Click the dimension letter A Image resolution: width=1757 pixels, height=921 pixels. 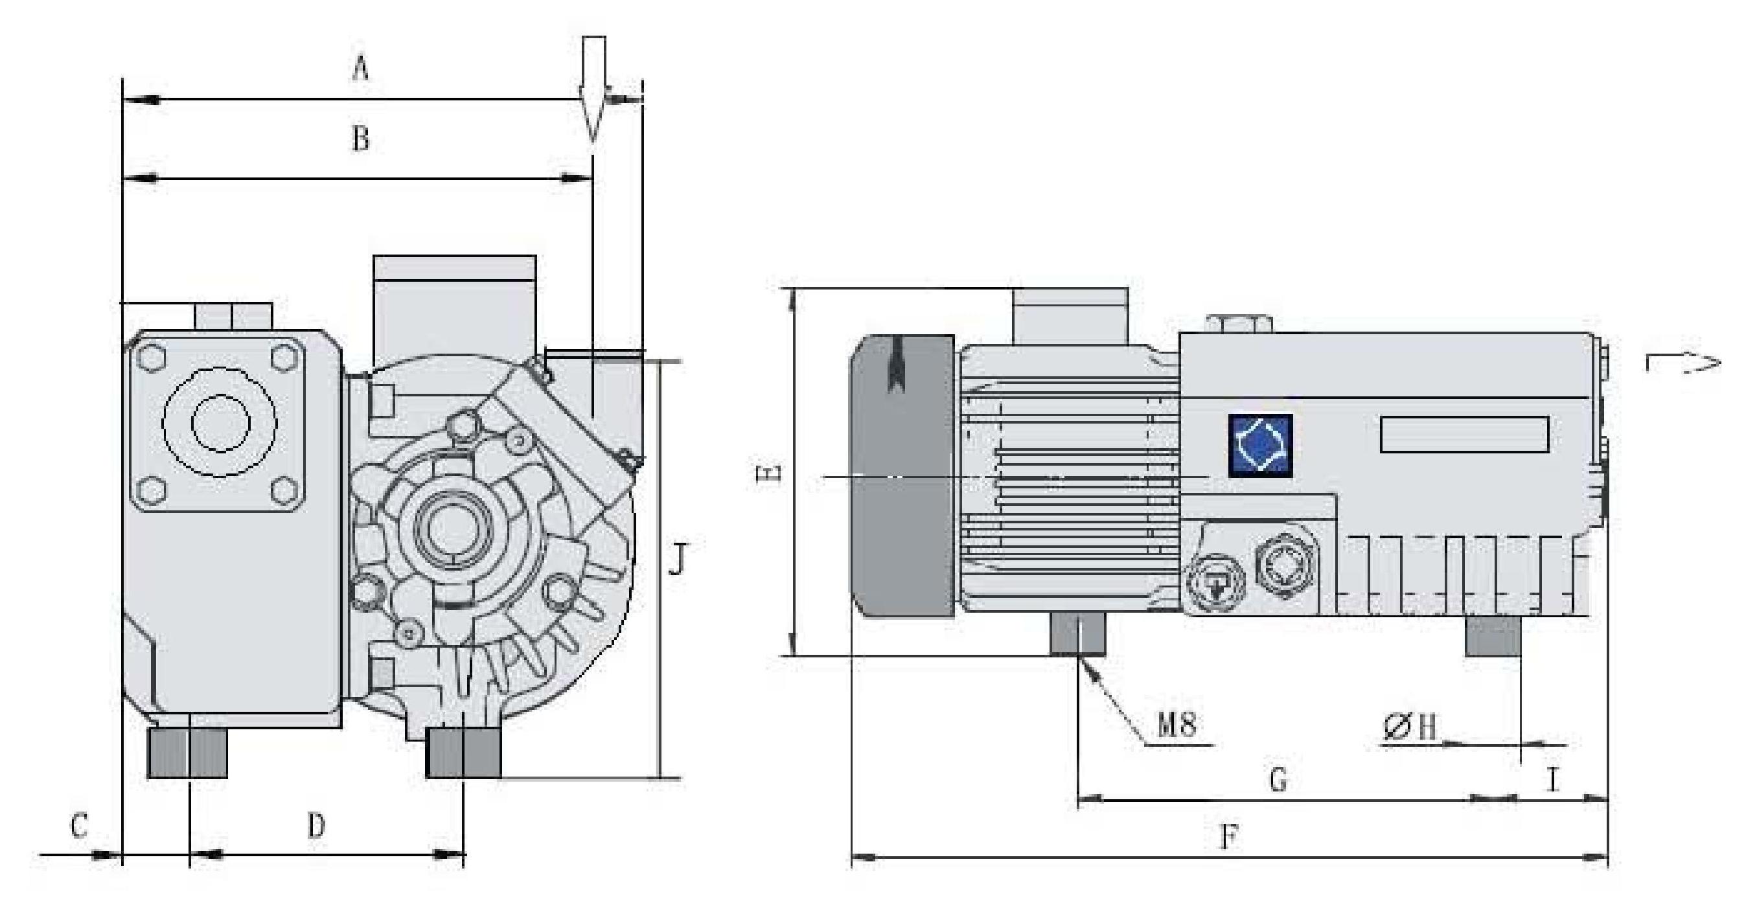click(360, 69)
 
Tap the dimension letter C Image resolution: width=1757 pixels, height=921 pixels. click(79, 826)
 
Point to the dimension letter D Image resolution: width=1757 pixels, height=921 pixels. click(316, 826)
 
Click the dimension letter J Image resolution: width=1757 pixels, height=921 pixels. click(675, 558)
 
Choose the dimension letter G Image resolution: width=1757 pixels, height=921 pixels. click(1278, 779)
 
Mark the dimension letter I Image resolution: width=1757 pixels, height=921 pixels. click(1552, 779)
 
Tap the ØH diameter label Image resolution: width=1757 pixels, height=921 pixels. click(1409, 727)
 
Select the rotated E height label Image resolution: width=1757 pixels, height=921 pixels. click(768, 475)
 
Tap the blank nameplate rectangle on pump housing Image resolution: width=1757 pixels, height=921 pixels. click(1464, 434)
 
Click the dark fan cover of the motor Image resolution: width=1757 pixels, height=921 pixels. click(902, 477)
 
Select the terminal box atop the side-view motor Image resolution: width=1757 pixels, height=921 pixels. click(1070, 316)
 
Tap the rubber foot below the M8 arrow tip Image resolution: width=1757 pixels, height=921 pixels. click(1077, 634)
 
